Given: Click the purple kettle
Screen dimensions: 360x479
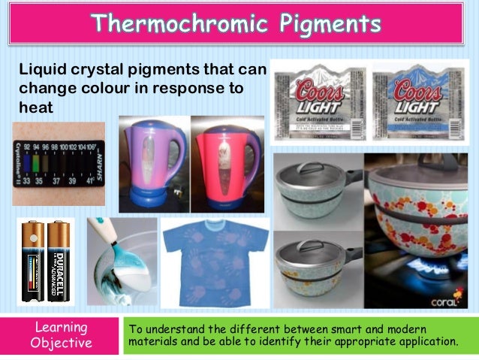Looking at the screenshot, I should click(153, 162).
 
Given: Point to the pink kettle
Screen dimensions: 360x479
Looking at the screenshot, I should click(226, 162).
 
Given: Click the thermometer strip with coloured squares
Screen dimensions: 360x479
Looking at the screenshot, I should click(59, 163).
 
